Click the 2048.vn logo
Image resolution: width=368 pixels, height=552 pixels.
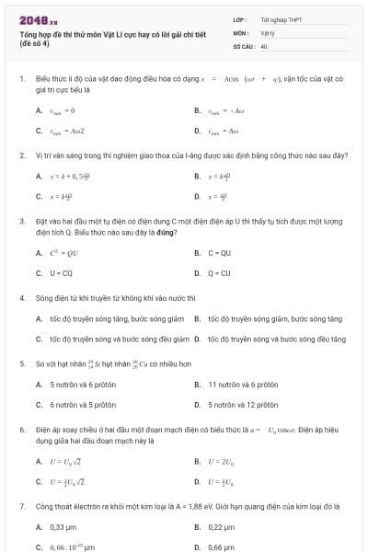pyautogui.click(x=38, y=19)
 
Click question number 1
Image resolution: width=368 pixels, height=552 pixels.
pyautogui.click(x=22, y=79)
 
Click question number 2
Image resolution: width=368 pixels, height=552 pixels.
pyautogui.click(x=22, y=155)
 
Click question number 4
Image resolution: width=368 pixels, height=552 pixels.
pyautogui.click(x=22, y=298)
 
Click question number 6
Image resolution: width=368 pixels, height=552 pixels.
pyautogui.click(x=22, y=430)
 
